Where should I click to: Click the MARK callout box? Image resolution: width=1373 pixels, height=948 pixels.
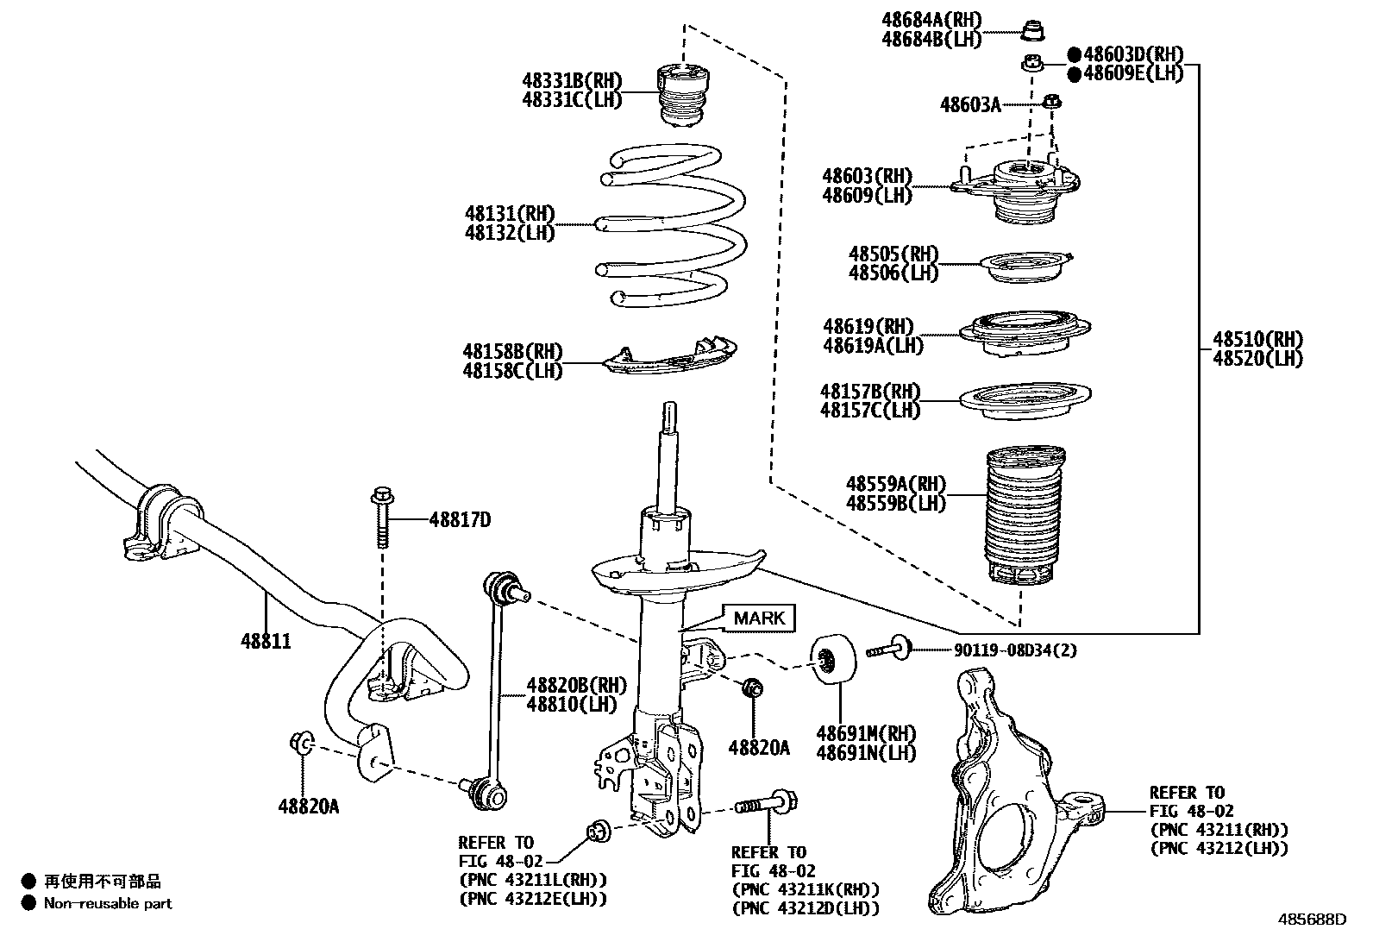[759, 618]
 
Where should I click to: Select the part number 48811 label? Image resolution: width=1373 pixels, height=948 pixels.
[266, 641]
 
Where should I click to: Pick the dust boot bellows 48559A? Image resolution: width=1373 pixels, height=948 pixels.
[1025, 514]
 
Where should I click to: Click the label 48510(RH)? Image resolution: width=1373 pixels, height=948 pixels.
[1257, 339]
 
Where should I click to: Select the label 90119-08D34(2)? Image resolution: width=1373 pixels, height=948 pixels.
[1015, 650]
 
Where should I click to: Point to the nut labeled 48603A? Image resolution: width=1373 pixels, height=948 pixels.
[1052, 102]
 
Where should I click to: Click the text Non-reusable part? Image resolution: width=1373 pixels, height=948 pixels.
[108, 903]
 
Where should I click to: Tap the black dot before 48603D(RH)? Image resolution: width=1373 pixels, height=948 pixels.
[1074, 54]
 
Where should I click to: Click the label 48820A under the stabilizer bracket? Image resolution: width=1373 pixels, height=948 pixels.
[308, 807]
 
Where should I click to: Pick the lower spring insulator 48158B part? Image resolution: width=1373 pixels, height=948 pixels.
[669, 355]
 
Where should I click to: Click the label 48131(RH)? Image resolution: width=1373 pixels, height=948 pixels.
[510, 213]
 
